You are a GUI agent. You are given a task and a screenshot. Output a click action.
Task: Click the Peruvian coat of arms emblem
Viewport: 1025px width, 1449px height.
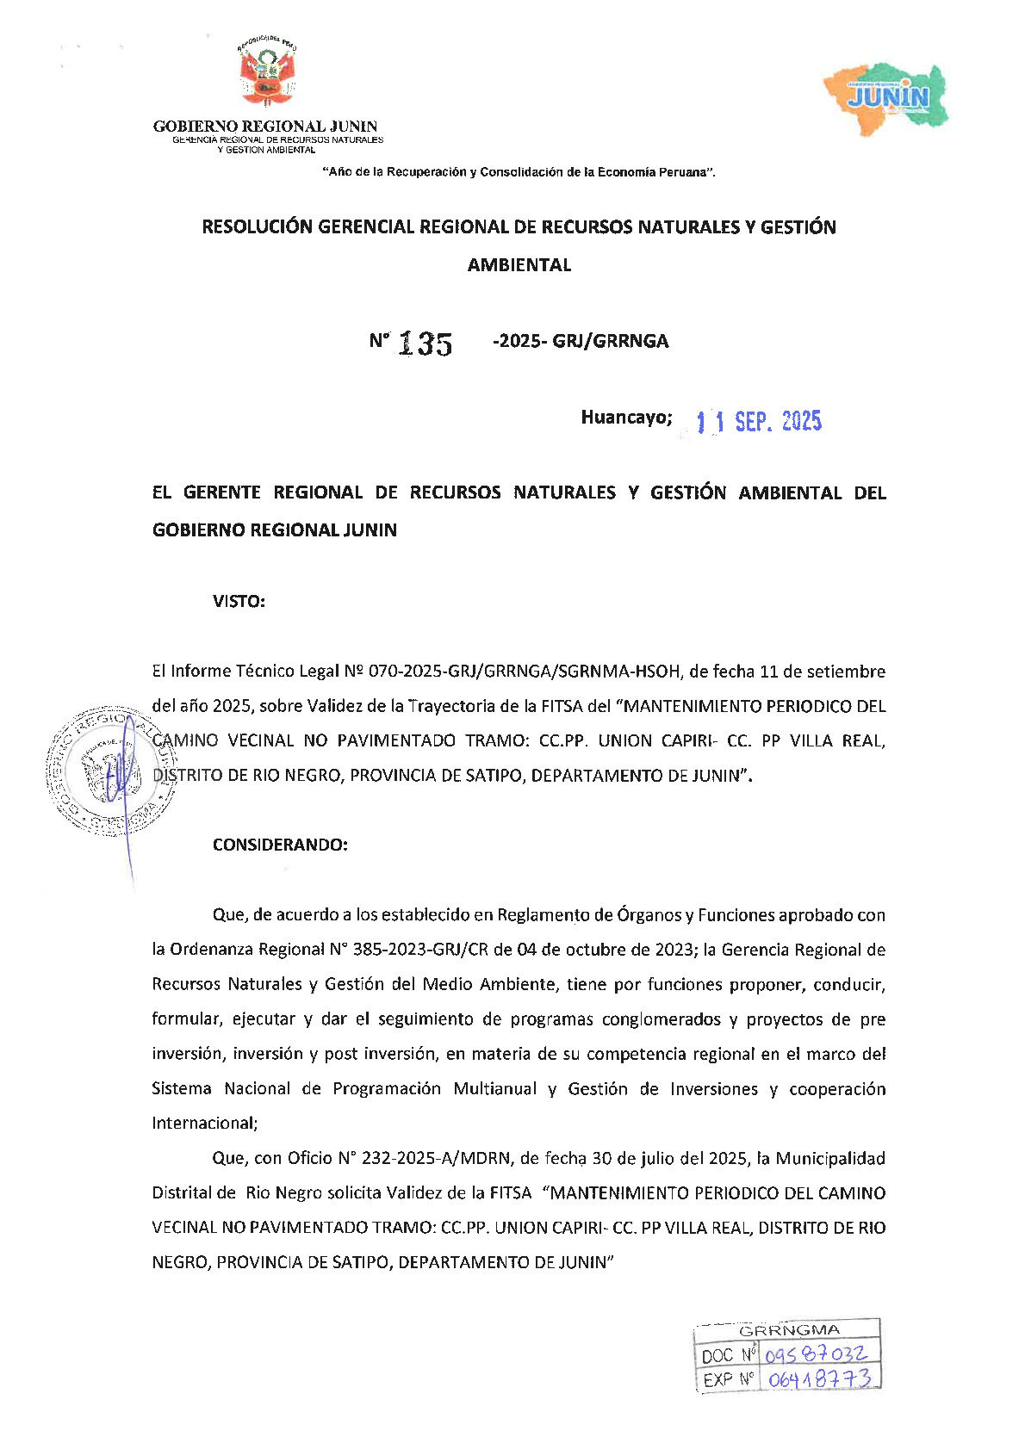point(266,74)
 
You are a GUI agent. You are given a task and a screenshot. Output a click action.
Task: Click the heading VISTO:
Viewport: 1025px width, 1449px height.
point(239,602)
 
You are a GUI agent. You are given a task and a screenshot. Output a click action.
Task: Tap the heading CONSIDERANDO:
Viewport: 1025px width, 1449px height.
point(280,845)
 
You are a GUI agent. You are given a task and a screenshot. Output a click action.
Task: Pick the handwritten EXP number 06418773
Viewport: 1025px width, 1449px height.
point(819,1379)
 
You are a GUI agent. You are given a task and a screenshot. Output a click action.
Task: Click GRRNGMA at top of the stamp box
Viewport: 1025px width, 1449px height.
point(789,1330)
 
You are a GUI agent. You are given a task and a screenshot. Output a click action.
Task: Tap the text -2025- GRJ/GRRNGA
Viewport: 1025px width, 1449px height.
point(581,341)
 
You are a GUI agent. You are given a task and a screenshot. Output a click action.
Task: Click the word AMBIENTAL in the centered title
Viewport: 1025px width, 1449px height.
point(519,265)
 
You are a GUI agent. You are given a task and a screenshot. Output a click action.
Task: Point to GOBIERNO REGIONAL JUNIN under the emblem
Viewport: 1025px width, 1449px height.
point(265,127)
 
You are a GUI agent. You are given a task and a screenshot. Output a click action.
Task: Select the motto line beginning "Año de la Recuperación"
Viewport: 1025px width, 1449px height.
point(519,172)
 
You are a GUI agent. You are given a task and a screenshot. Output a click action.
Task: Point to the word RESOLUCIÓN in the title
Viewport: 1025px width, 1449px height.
point(258,227)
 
